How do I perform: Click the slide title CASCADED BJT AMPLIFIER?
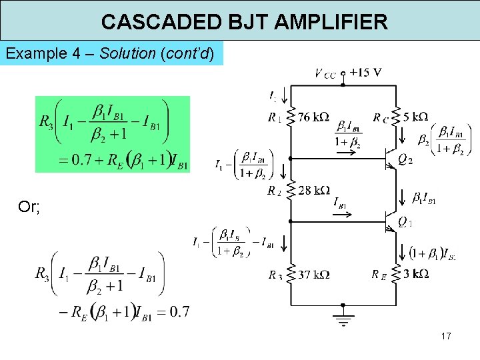[x=244, y=22]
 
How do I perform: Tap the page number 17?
[x=446, y=336]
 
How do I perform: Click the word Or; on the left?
[x=29, y=207]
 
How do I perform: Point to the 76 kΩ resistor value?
[x=313, y=117]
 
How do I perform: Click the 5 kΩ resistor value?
[x=415, y=117]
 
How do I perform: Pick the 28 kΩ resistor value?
[x=313, y=191]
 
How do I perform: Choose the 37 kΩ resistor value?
[x=313, y=274]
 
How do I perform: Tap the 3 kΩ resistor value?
[x=415, y=274]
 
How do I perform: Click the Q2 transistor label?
[x=405, y=160]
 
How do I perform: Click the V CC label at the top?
[x=325, y=73]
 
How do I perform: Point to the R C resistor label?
[x=381, y=119]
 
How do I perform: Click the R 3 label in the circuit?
[x=275, y=275]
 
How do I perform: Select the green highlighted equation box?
[x=112, y=134]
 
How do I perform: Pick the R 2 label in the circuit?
[x=275, y=192]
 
